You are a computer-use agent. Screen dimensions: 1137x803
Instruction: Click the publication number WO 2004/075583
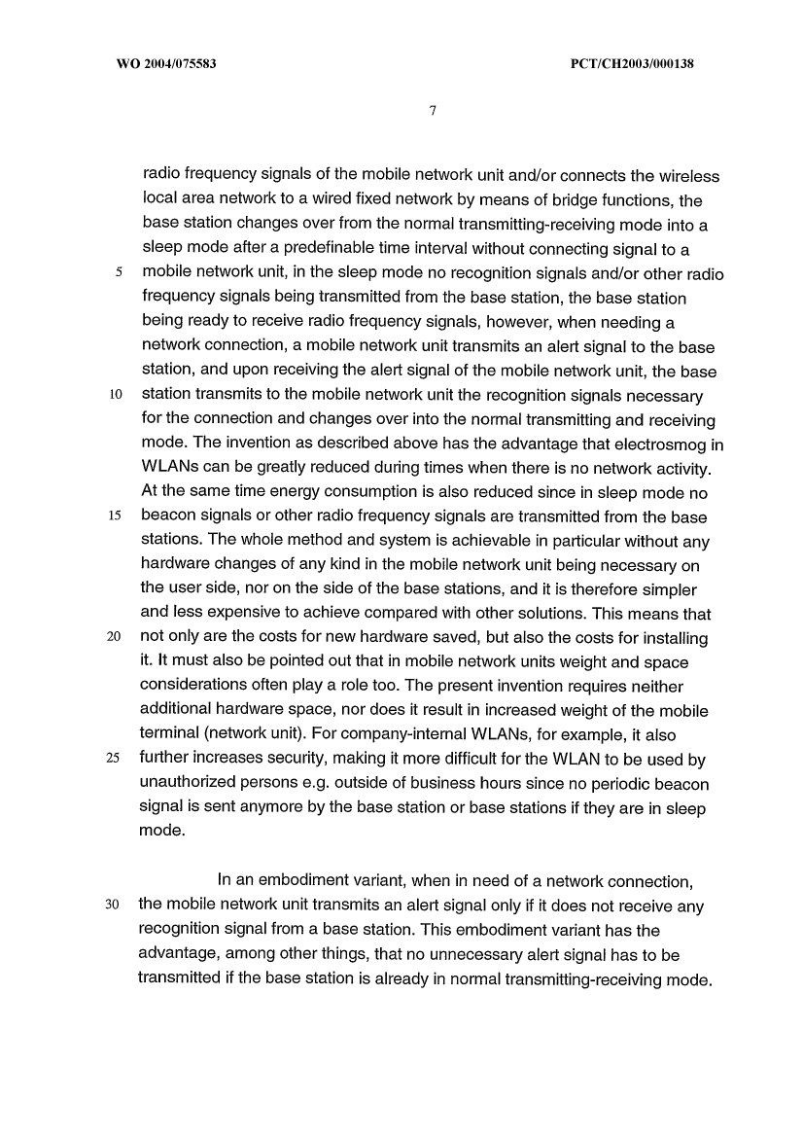(160, 64)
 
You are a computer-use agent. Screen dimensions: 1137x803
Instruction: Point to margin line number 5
(119, 274)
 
